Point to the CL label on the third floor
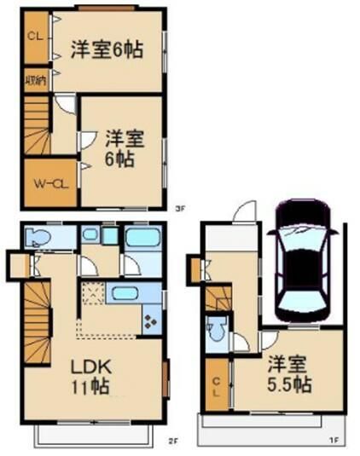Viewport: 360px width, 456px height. point(35,37)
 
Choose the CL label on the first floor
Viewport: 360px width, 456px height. point(217,386)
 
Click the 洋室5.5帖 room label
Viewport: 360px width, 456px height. point(288,375)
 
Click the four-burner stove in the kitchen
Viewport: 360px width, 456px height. point(151,322)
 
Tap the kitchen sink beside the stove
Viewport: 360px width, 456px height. point(127,294)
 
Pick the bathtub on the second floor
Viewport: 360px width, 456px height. point(142,238)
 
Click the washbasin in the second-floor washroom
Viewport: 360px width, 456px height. point(91,236)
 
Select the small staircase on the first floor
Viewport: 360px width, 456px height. point(215,298)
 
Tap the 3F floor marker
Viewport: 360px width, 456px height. point(179,208)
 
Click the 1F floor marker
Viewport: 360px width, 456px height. point(338,442)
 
